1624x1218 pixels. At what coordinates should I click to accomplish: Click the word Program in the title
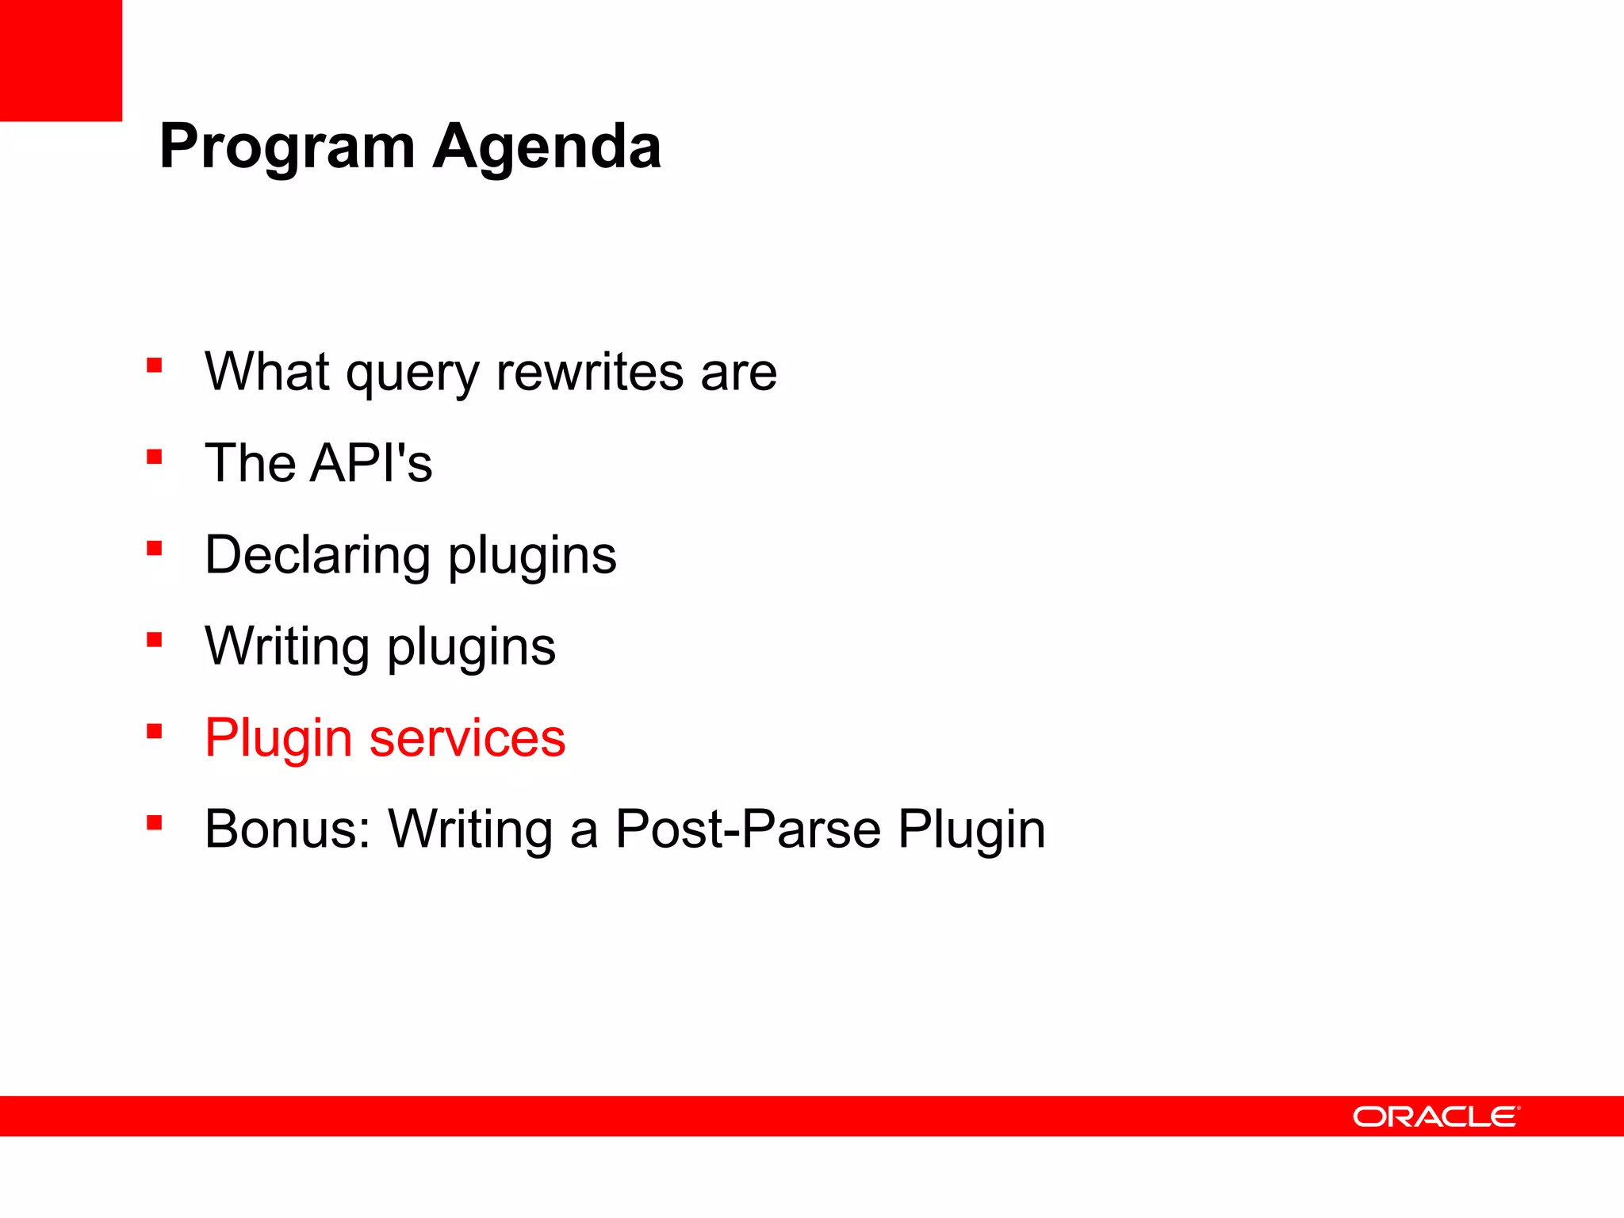pos(287,147)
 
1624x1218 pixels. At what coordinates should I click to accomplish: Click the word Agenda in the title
pos(547,147)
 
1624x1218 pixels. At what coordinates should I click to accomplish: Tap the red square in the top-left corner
pos(60,60)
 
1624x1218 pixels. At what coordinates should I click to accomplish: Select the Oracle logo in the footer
pos(1436,1116)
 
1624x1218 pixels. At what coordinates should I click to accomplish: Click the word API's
pos(371,463)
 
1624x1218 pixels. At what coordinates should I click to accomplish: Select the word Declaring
pos(317,555)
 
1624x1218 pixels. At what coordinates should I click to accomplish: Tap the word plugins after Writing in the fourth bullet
pos(471,647)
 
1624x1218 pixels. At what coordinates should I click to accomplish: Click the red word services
pos(467,738)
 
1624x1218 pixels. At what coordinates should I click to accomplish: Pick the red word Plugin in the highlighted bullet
pos(278,738)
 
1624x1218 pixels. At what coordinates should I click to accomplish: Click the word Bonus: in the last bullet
pos(288,829)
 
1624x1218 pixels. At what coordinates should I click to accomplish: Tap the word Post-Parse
pos(748,829)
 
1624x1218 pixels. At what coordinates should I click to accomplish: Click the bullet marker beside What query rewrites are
pos(155,366)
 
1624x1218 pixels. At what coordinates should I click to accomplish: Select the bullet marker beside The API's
pos(155,457)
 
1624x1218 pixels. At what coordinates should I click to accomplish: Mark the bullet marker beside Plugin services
pos(155,731)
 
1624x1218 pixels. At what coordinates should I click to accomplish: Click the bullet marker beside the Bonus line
pos(155,822)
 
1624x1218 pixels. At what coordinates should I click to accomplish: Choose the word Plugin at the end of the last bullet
pos(971,829)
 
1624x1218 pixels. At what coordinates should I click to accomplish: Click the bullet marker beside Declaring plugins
pos(155,548)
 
